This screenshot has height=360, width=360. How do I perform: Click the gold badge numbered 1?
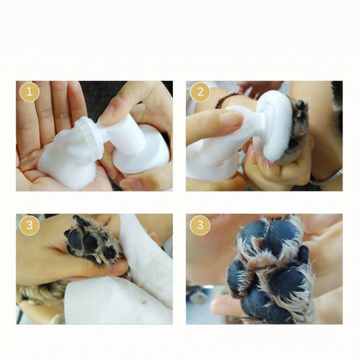[30, 92]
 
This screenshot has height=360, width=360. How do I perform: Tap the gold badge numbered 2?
[200, 92]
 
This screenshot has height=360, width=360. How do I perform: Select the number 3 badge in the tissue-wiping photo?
[30, 225]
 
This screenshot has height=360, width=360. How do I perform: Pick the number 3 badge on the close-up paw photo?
[200, 225]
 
